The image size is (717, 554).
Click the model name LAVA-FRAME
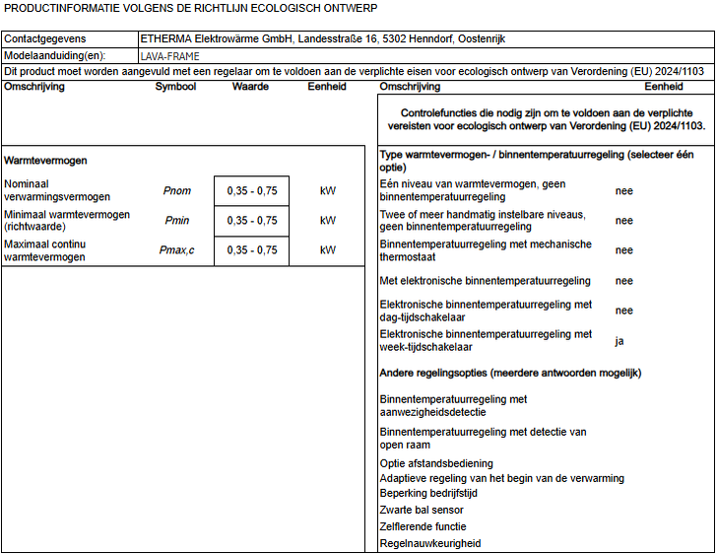169,56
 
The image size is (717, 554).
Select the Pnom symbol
177,190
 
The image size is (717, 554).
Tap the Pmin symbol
177,221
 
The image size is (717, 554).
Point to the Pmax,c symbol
177,250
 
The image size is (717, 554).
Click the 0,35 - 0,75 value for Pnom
252,190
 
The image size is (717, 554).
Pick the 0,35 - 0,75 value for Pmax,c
252,250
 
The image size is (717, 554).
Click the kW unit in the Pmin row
328,221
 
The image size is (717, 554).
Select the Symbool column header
175,87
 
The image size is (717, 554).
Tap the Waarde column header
250,87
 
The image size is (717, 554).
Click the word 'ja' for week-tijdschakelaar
620,341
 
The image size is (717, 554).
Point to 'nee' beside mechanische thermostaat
624,250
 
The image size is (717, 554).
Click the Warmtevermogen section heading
46,160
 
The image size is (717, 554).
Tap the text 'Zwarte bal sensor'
422,510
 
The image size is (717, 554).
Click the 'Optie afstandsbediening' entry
436,463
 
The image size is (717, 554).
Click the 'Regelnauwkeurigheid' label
430,543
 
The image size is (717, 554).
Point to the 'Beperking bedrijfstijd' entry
429,493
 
